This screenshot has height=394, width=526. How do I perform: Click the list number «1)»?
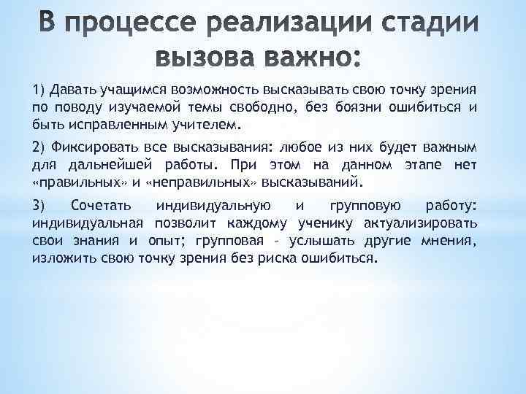(38, 90)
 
